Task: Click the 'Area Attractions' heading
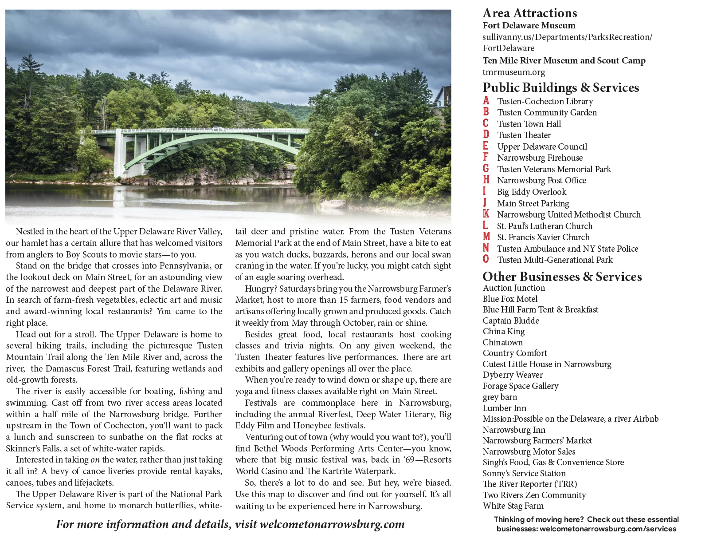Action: pos(529,13)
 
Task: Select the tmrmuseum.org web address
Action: pos(513,72)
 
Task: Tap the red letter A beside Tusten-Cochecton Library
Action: pos(486,101)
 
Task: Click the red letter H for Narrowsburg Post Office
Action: pos(486,180)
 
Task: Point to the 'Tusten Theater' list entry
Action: pos(524,135)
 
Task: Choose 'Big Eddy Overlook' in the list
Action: pos(531,192)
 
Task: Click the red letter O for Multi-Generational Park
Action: pos(486,259)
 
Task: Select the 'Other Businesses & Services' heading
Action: pos(562,277)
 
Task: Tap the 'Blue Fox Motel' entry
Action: pos(510,299)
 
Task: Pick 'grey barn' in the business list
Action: pos(500,397)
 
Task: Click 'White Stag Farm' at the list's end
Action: pos(513,506)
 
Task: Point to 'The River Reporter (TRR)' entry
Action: pos(529,484)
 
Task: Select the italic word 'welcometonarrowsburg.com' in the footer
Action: pos(332,524)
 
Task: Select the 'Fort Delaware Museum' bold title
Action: pos(529,25)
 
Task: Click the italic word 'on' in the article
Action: pos(95,460)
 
